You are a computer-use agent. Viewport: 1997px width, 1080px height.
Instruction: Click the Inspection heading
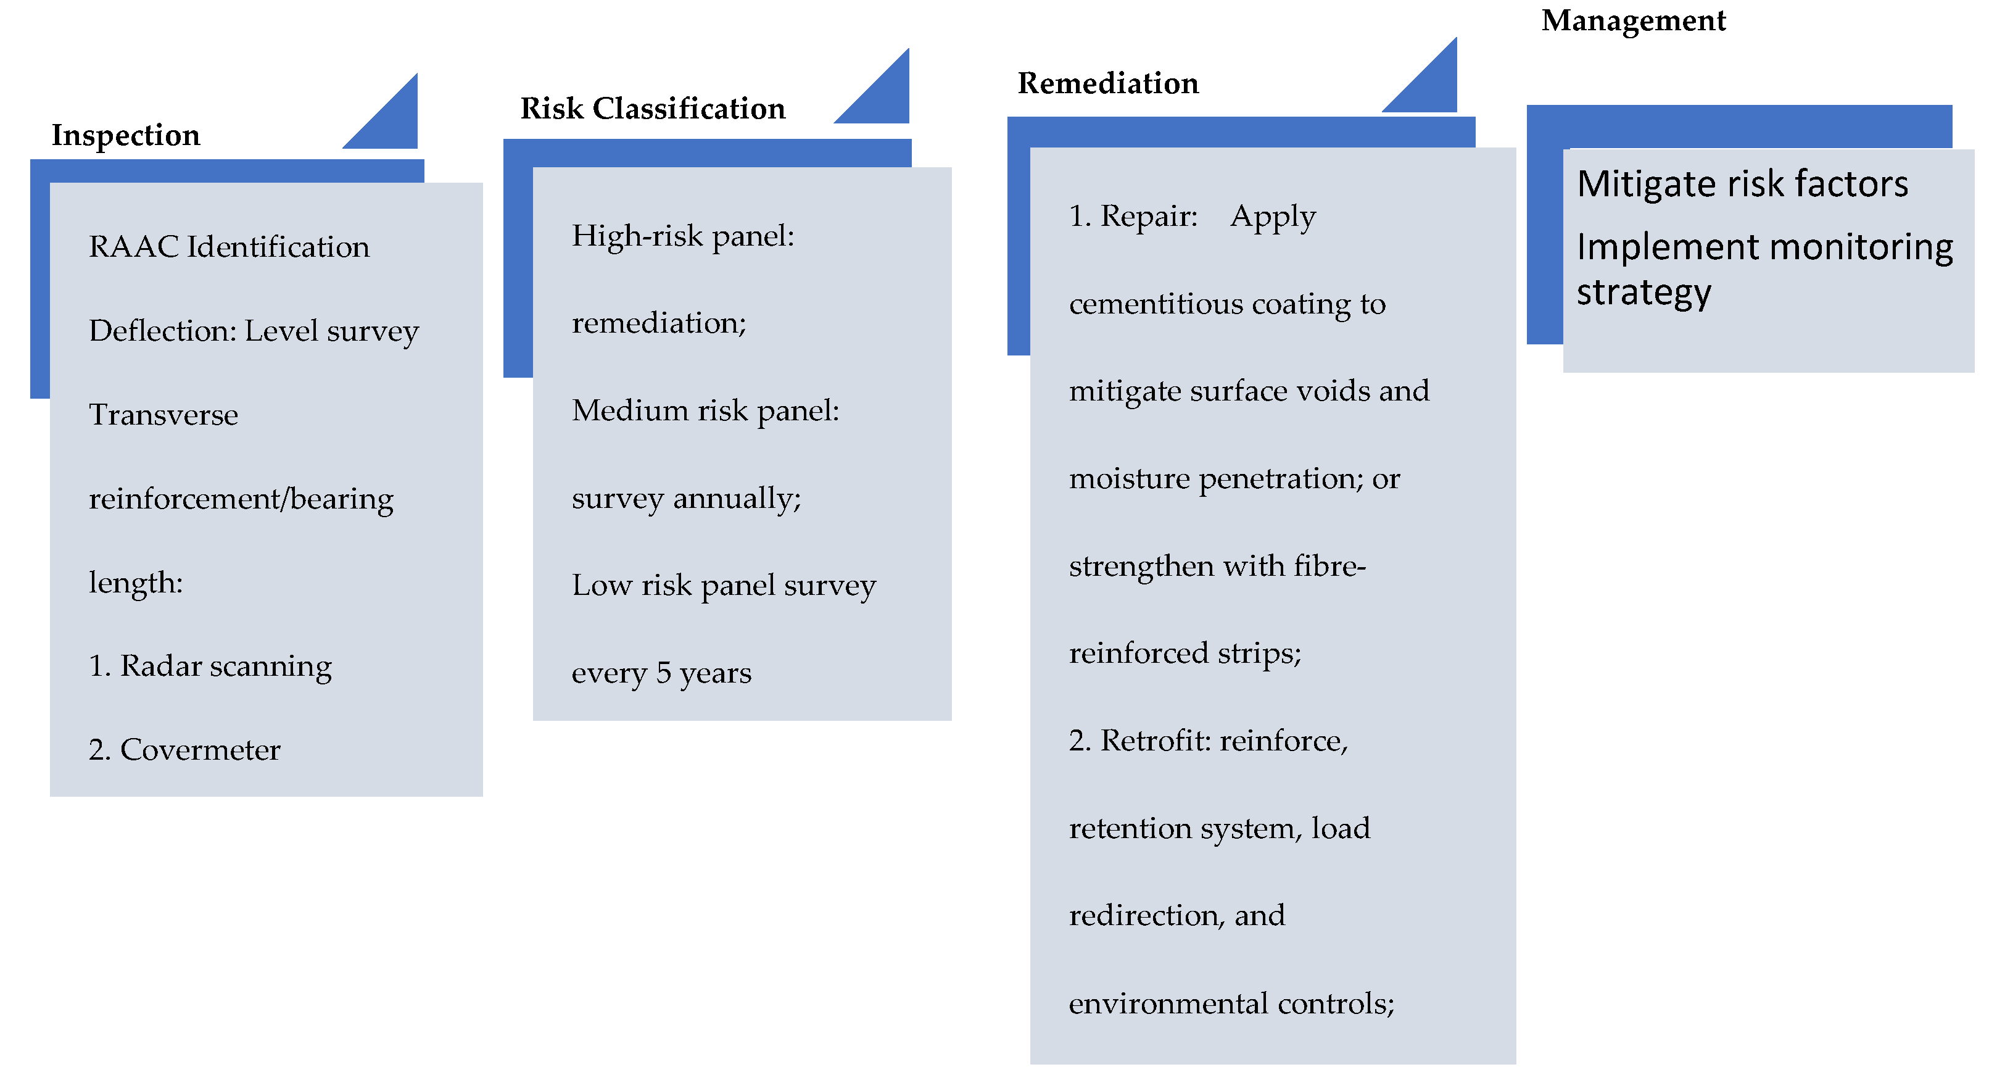(126, 135)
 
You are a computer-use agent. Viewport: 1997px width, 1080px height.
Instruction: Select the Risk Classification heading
(653, 109)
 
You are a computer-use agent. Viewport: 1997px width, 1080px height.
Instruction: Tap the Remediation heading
(1108, 83)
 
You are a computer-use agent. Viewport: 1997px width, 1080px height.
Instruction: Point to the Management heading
(1634, 21)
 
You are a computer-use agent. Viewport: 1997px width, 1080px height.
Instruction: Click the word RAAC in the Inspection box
(134, 246)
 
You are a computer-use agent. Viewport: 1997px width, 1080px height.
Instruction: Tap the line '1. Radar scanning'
(210, 666)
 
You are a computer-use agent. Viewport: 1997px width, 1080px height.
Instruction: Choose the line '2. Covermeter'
(184, 750)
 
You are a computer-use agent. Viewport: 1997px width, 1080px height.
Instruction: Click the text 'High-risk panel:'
(683, 236)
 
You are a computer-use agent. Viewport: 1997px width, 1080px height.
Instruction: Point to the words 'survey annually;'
(686, 498)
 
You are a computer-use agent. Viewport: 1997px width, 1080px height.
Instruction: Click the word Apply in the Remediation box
(1273, 217)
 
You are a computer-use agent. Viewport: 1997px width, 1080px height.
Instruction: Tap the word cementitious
(1154, 304)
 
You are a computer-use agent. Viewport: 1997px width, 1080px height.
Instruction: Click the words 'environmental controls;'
(1231, 1003)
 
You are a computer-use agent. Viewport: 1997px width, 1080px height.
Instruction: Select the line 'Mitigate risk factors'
(1742, 184)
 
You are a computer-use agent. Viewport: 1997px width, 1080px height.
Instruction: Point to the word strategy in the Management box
(1643, 293)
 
